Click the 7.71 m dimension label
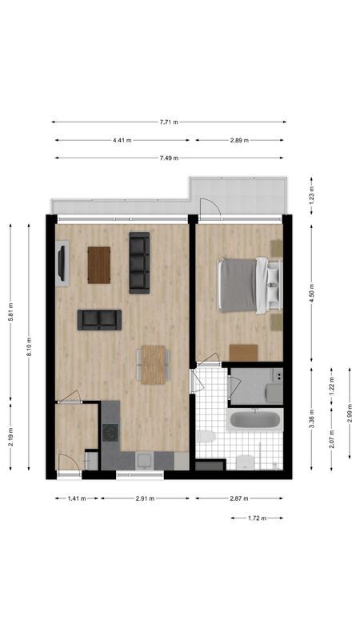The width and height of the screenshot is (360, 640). [168, 122]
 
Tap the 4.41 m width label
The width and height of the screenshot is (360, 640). [124, 140]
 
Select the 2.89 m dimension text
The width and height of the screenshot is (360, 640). [239, 140]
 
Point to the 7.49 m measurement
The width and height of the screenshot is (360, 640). [168, 158]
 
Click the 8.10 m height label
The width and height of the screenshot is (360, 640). [30, 350]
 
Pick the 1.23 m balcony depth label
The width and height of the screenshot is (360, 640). [312, 194]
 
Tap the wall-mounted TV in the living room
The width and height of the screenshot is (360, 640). [62, 264]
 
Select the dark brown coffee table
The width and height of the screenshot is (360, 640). [99, 265]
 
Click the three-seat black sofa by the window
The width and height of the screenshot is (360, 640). [139, 262]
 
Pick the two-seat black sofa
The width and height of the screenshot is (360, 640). [99, 320]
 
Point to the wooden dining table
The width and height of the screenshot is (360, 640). [152, 364]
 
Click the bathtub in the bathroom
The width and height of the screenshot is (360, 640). [254, 421]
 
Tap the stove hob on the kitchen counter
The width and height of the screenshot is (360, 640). [109, 434]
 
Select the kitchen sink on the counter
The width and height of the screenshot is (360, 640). [144, 459]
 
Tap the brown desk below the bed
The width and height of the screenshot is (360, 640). [243, 353]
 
